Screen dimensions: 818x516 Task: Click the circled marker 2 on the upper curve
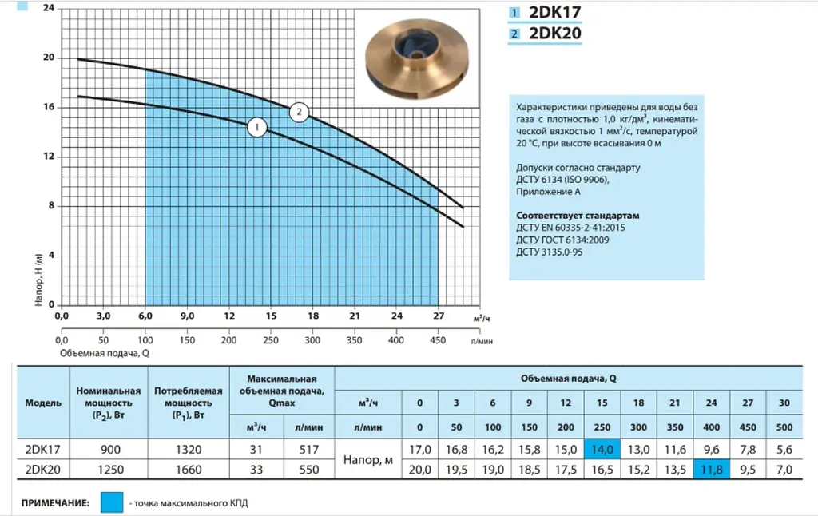(x=299, y=112)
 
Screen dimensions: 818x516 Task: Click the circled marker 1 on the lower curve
(x=256, y=127)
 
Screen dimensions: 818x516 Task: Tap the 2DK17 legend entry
(x=545, y=13)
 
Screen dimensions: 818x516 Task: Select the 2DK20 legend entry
(x=545, y=34)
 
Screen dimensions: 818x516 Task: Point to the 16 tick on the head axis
(x=49, y=107)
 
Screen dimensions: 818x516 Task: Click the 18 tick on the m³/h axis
(x=313, y=316)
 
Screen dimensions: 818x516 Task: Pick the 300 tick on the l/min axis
(x=312, y=340)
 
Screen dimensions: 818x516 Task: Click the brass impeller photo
(x=417, y=58)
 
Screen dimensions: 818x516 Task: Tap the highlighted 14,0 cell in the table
(x=602, y=449)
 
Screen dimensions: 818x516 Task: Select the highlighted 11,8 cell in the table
(x=712, y=470)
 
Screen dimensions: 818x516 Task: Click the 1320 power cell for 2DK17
(x=189, y=450)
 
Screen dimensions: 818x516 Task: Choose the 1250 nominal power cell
(x=110, y=470)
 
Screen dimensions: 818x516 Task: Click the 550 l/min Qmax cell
(x=309, y=470)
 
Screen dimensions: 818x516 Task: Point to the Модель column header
(x=43, y=403)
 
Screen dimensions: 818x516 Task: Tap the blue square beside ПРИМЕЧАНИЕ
(x=112, y=502)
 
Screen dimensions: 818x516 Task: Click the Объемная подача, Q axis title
(x=105, y=353)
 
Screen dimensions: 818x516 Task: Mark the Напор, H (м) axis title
(x=38, y=280)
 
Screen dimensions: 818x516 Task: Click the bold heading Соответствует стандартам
(x=578, y=216)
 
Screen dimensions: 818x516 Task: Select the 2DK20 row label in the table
(x=43, y=470)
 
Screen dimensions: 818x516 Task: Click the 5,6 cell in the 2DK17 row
(x=784, y=450)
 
